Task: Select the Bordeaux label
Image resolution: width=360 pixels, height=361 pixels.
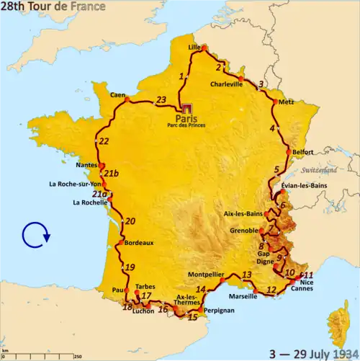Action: click(139, 243)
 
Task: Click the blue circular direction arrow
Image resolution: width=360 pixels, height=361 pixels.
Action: click(35, 234)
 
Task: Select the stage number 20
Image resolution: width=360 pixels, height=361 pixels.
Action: click(130, 221)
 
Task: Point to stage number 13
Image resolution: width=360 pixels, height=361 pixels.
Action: click(246, 275)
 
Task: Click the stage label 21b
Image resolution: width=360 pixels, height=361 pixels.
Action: click(111, 174)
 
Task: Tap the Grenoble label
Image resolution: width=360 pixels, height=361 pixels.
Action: click(243, 231)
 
